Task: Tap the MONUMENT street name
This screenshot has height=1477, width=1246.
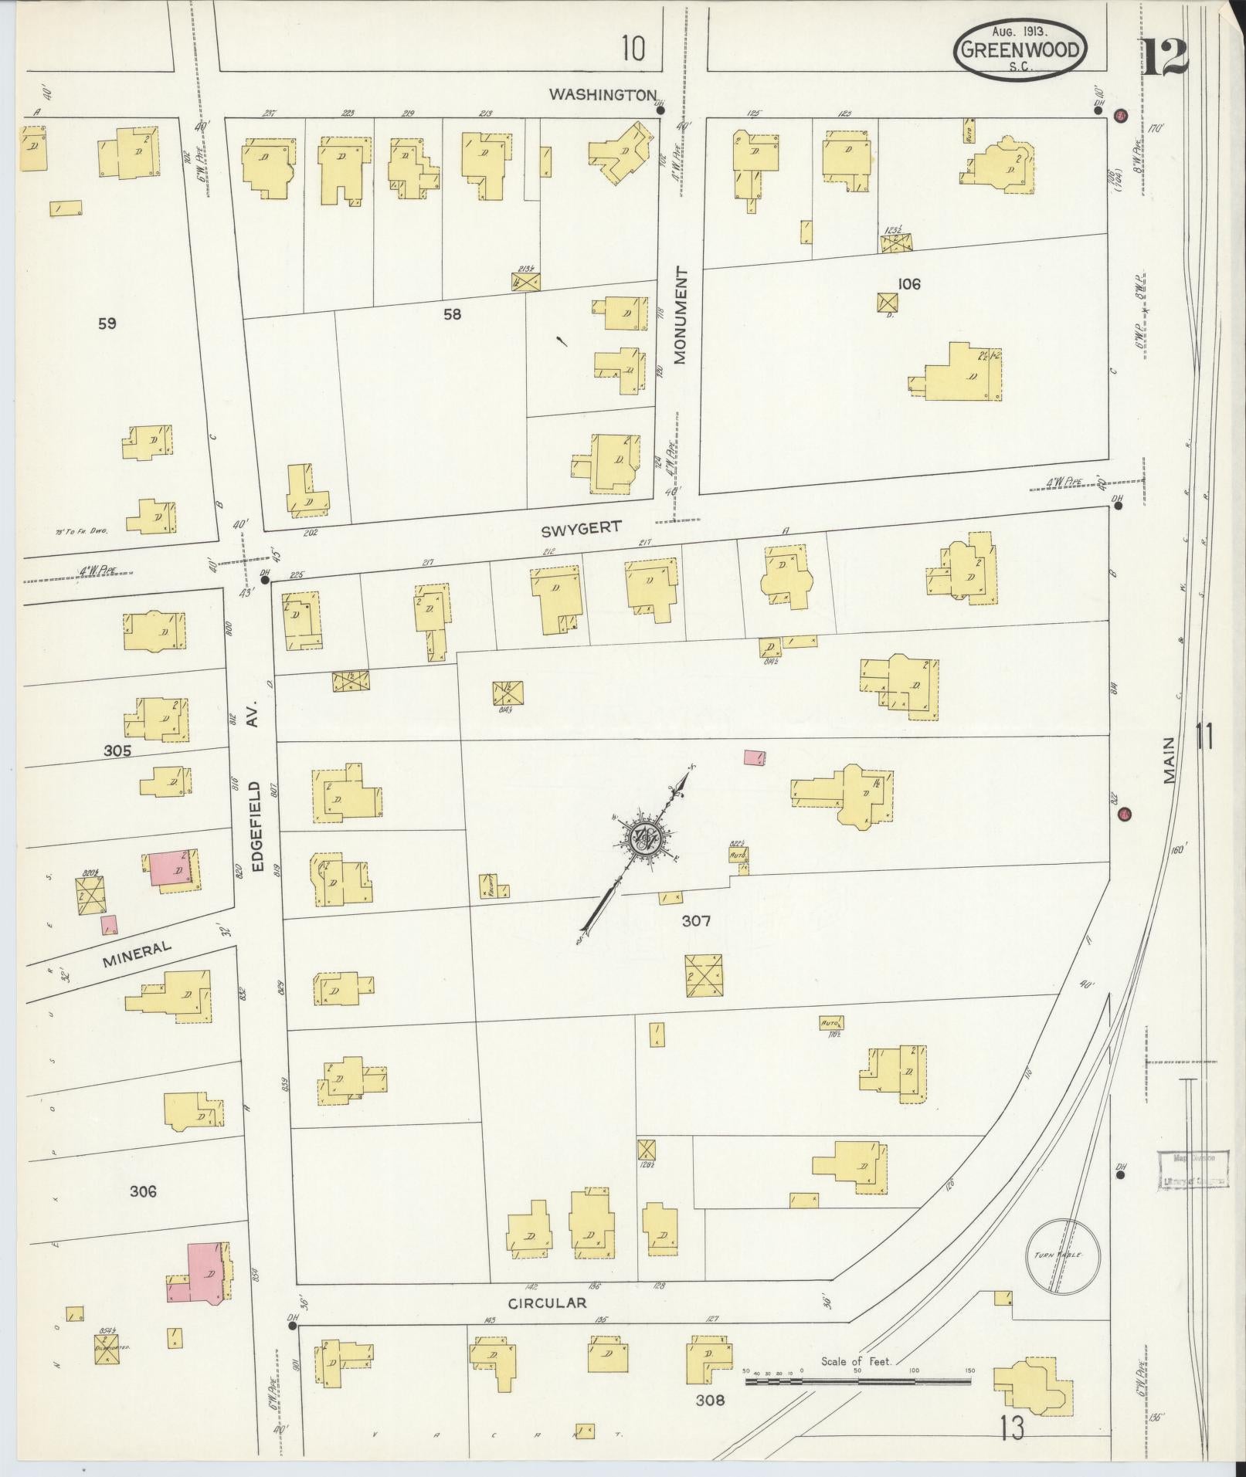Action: [680, 315]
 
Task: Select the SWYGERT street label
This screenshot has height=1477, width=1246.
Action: [581, 527]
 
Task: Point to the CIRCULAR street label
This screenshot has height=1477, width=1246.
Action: [547, 1303]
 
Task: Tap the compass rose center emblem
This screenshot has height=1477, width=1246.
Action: [644, 838]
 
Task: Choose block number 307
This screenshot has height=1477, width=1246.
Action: [696, 920]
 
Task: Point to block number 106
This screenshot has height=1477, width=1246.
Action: [909, 284]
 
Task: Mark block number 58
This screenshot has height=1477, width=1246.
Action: [452, 314]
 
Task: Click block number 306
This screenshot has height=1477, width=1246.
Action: [143, 1191]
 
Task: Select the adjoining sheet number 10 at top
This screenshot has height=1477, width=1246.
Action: [633, 49]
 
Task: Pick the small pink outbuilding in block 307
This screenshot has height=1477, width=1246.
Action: [755, 757]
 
